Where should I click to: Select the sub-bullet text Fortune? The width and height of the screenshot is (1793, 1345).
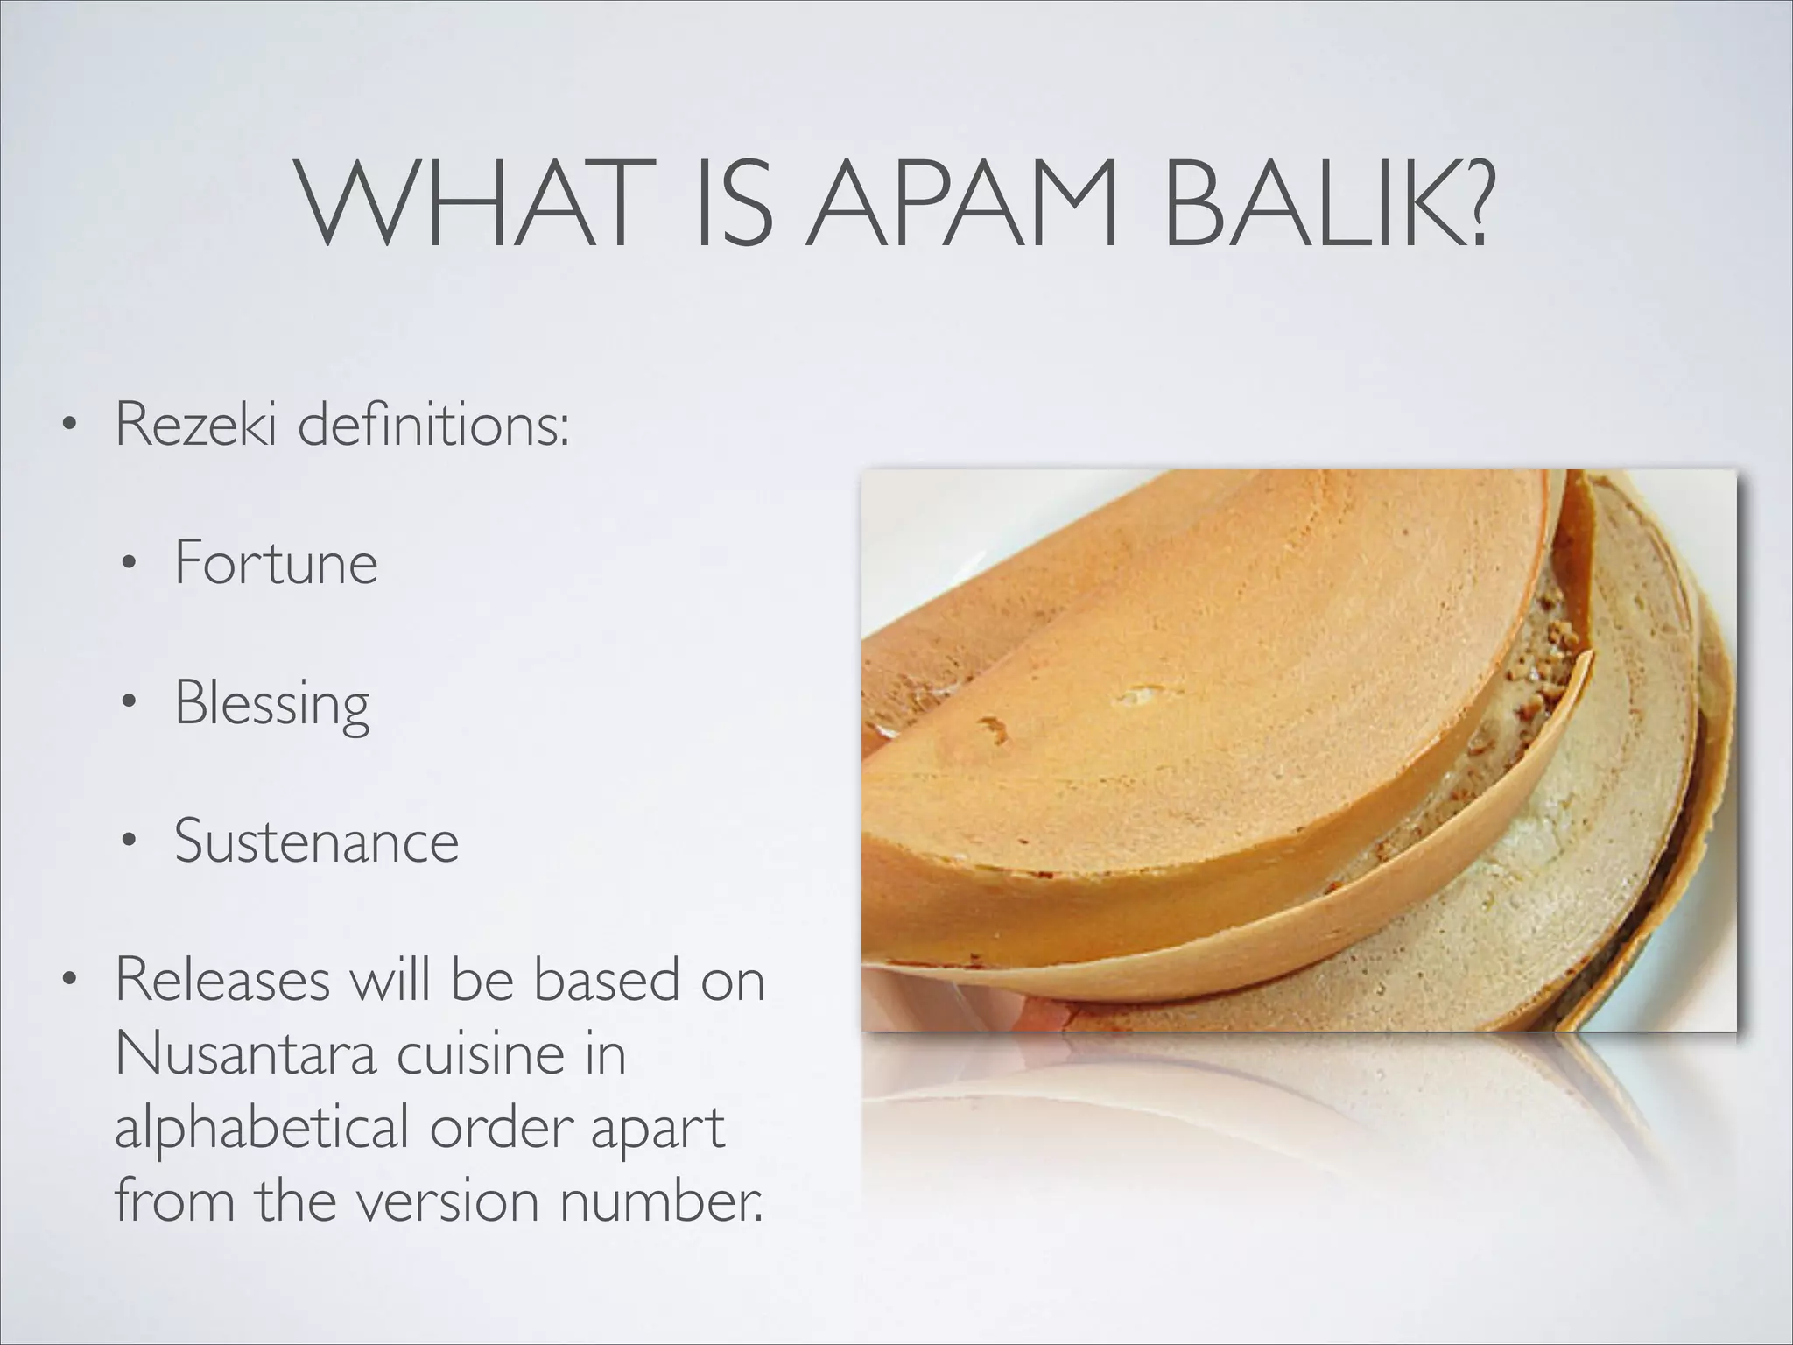click(x=276, y=563)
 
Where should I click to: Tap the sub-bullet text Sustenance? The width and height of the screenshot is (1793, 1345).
click(x=316, y=842)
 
